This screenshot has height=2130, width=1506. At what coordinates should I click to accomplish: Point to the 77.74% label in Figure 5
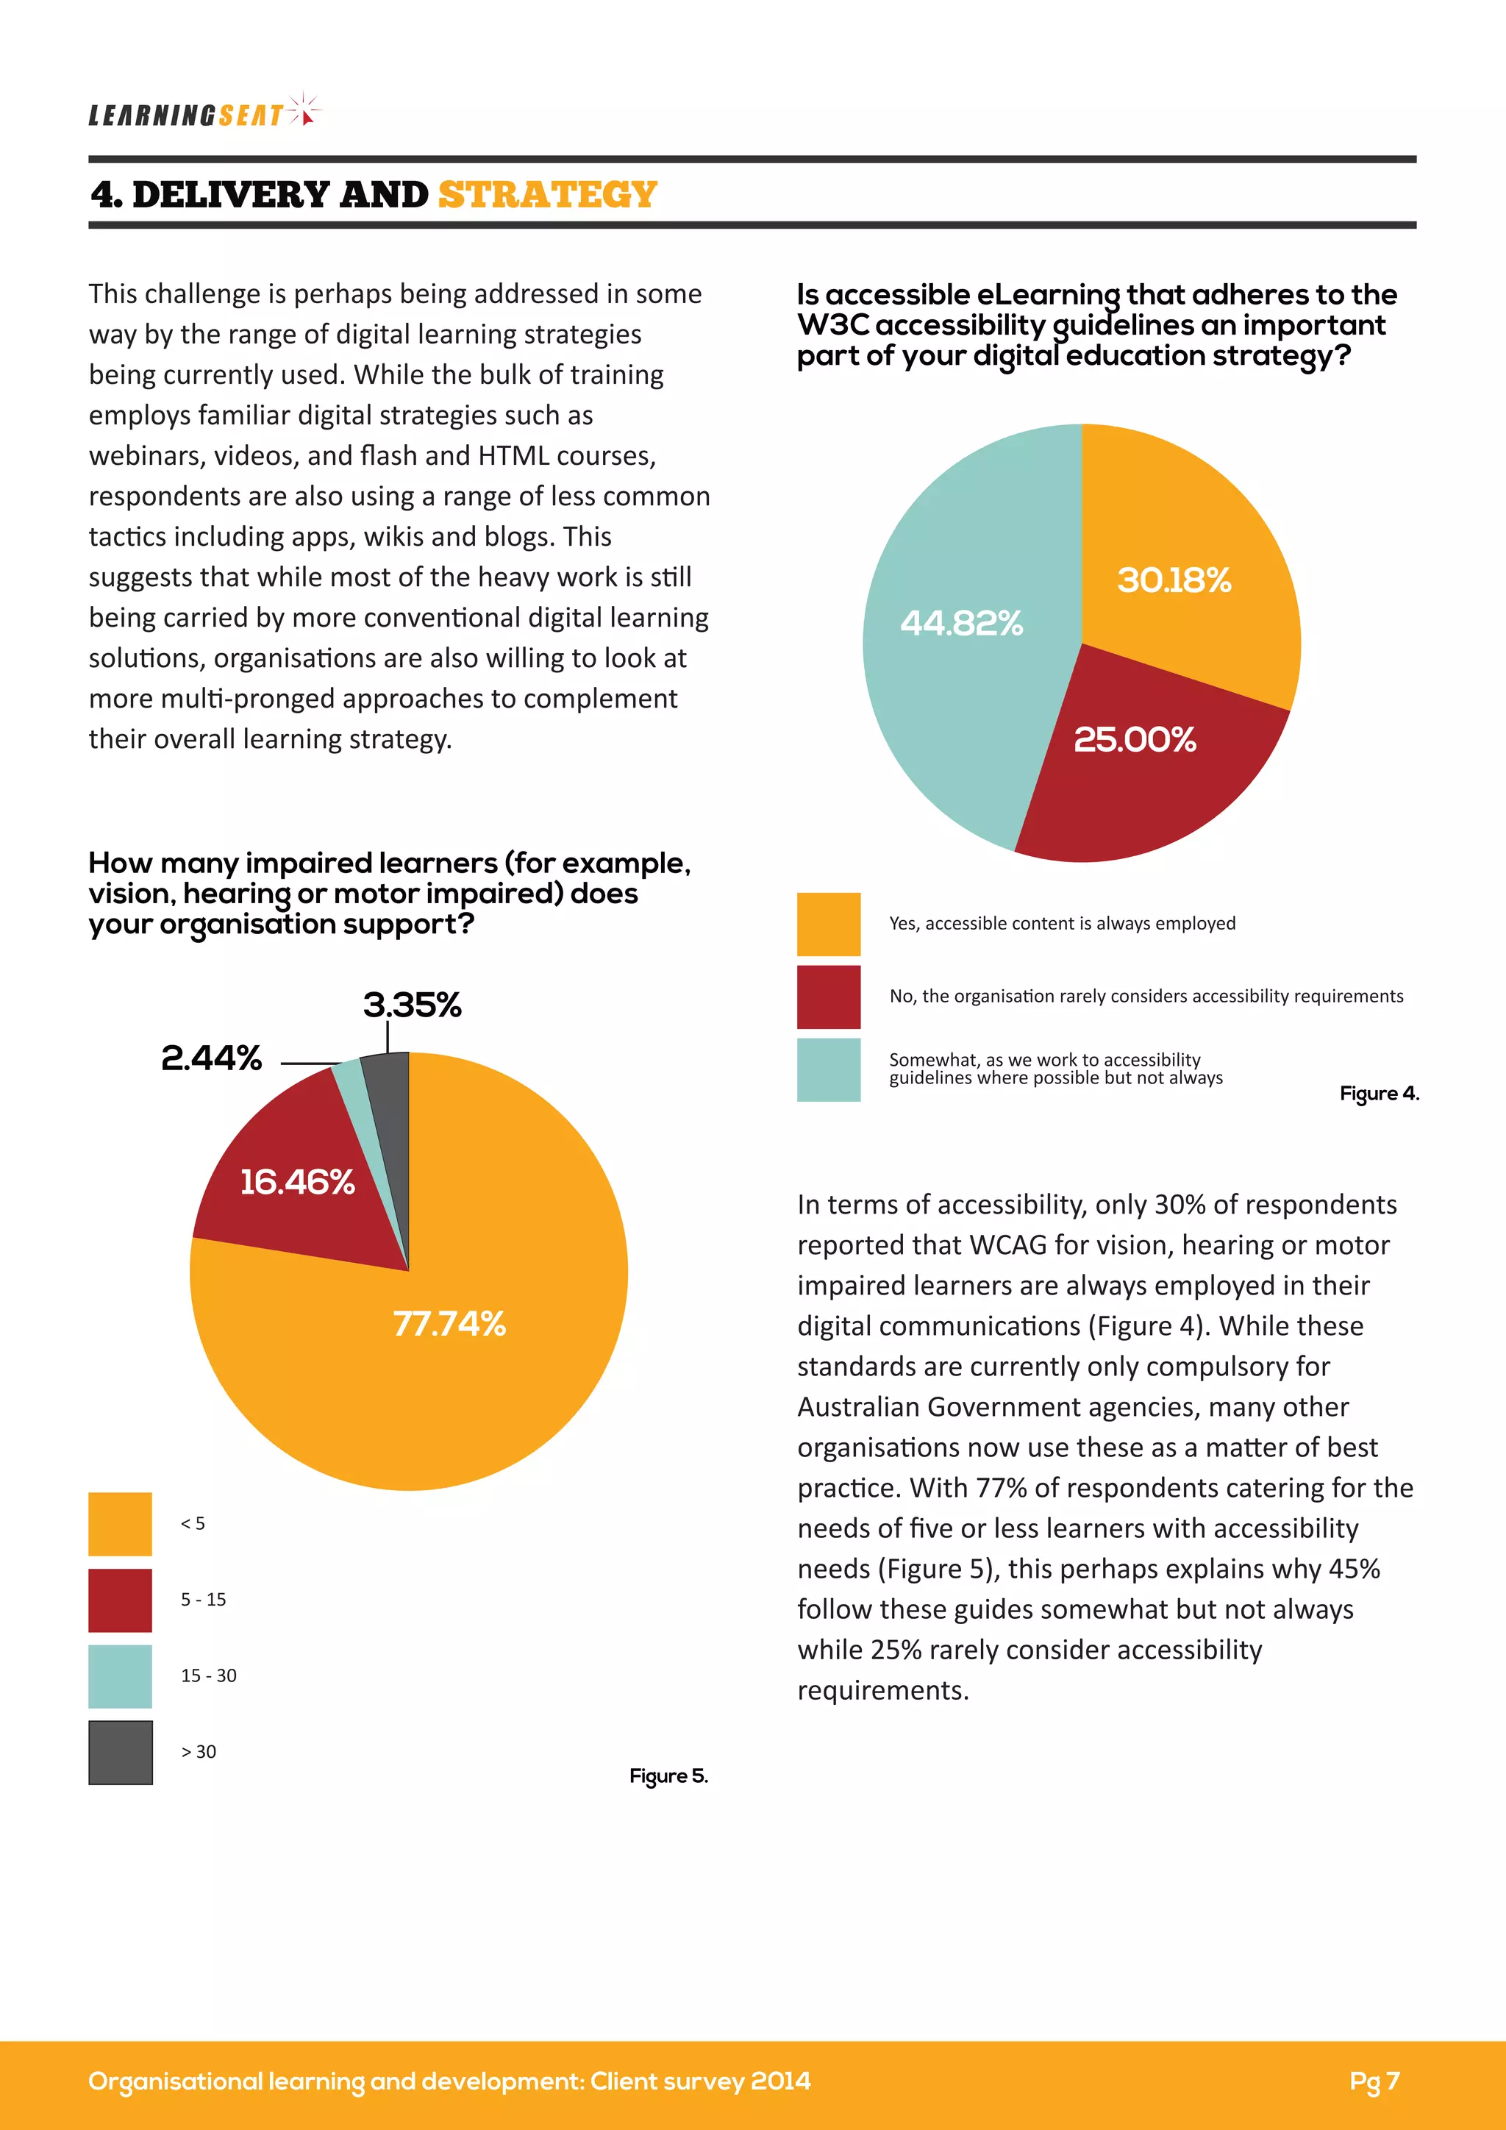pos(449,1324)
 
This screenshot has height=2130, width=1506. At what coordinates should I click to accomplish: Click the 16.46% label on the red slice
pos(297,1182)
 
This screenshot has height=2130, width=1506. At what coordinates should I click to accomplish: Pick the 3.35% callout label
pos(412,1005)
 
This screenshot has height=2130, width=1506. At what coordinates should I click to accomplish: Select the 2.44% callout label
pos(212,1058)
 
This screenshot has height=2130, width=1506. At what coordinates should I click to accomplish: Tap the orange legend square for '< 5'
pos(120,1523)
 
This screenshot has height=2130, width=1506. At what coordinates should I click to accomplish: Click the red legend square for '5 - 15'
pos(120,1600)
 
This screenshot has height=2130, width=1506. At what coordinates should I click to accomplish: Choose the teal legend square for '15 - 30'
pos(120,1675)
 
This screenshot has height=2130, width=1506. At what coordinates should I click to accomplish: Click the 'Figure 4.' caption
pos(1378,1094)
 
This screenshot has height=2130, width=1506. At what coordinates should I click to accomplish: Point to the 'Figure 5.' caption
pos(668,1775)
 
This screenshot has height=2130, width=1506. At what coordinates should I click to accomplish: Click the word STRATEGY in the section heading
pos(547,195)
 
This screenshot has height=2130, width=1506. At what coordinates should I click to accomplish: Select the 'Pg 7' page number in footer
pos(1374,2081)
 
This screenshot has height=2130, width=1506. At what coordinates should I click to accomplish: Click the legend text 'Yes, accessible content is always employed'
pos(1062,923)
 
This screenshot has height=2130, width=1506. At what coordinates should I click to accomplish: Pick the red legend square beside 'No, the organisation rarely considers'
pos(828,997)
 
